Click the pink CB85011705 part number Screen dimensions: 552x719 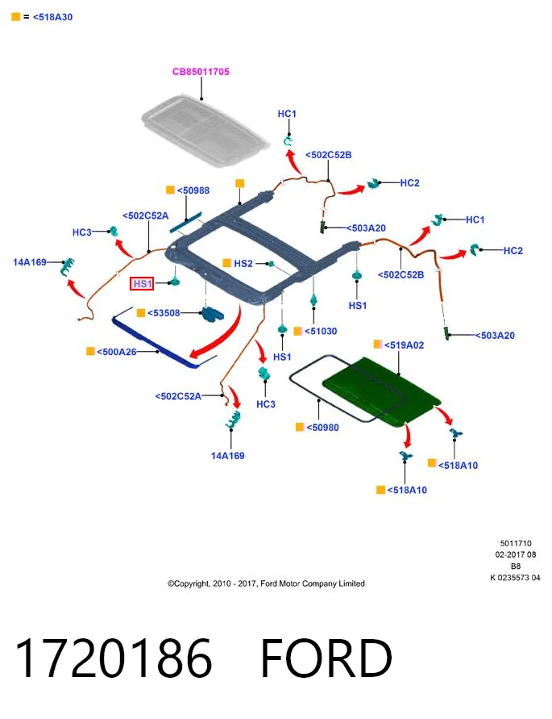pos(201,72)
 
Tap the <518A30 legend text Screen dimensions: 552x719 pos(52,17)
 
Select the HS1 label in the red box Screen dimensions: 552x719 pos(143,284)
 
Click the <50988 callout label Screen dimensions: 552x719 pos(193,190)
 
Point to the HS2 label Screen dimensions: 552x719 pos(243,263)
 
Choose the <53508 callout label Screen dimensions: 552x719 pos(164,313)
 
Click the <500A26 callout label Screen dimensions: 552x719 pos(116,352)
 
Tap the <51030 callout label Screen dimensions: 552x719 pos(321,331)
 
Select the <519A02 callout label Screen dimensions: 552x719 pos(404,345)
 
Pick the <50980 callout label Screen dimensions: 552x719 pos(322,428)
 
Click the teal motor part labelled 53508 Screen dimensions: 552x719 pos(213,314)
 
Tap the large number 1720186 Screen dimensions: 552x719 pos(114,658)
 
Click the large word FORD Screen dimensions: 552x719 pos(326,658)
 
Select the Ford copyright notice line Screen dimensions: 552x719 pos(266,583)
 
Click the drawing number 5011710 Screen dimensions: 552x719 pos(516,543)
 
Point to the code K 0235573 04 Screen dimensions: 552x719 pos(516,578)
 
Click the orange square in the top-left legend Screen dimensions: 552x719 pos(15,17)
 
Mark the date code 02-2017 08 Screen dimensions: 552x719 pos(516,554)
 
